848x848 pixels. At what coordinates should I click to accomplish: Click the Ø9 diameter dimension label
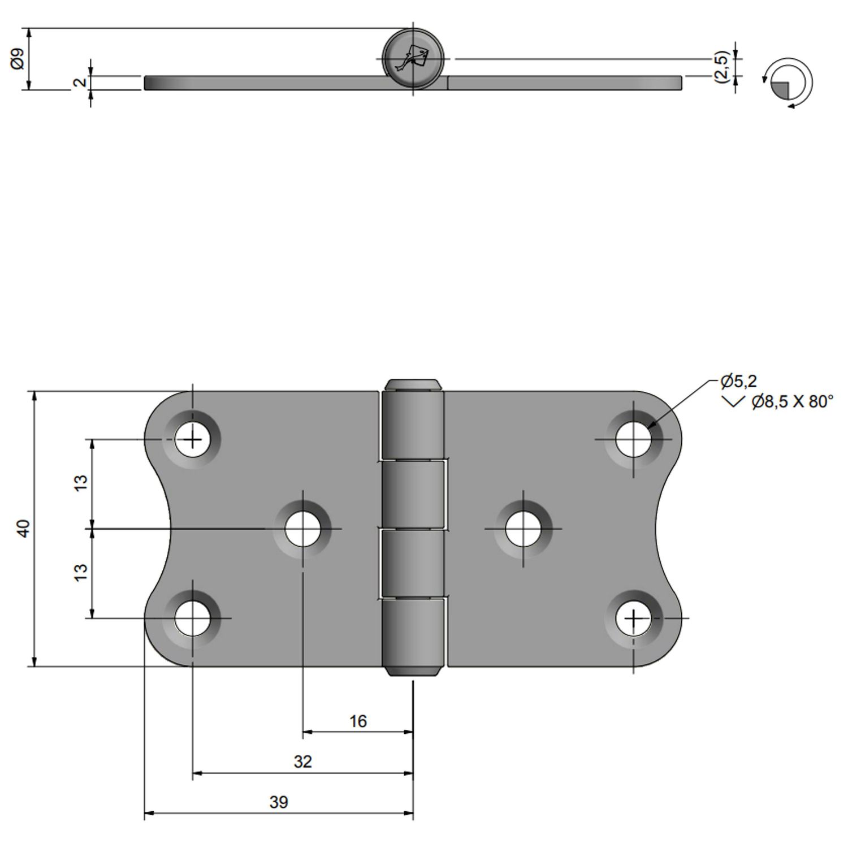18,59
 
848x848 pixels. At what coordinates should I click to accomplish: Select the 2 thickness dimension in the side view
80,82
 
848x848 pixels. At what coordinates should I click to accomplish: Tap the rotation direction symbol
788,83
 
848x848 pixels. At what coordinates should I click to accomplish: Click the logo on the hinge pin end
413,58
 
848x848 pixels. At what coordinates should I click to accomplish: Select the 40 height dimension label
23,529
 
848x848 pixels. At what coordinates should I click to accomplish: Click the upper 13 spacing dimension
81,483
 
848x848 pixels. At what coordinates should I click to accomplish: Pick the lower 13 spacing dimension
81,572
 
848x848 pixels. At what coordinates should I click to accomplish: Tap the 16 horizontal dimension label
358,721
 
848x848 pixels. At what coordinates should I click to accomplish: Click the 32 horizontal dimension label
302,762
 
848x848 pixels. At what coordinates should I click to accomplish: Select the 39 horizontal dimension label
279,802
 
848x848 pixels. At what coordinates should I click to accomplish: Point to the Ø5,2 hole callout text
739,382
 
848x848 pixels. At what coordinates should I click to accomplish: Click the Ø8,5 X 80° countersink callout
791,402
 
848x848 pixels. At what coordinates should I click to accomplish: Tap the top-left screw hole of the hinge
192,439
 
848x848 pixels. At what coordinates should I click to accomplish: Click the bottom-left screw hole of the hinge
192,618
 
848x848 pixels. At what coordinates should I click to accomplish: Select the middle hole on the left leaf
302,529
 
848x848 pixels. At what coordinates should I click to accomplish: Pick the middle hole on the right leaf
523,529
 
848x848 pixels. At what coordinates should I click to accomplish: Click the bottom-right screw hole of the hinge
633,618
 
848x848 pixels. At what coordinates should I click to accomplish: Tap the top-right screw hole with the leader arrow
633,439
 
